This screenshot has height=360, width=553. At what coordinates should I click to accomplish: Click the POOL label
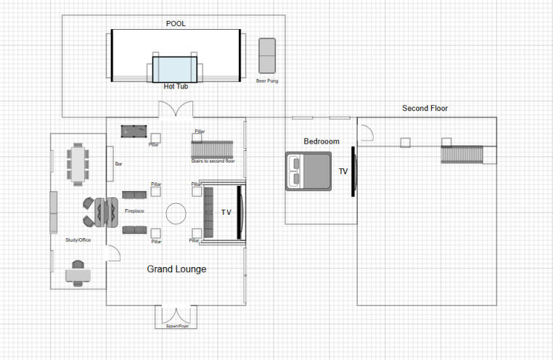[x=176, y=23]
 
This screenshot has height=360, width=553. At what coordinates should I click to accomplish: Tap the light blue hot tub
[x=175, y=70]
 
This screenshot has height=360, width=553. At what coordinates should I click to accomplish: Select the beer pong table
[x=267, y=55]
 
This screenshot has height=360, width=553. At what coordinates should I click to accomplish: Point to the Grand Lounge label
[x=176, y=269]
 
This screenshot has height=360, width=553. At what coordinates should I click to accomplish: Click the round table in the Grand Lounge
[x=176, y=213]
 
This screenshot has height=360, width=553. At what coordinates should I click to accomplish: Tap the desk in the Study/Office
[x=78, y=274]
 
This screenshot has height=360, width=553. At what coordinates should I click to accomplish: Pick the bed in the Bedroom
[x=308, y=171]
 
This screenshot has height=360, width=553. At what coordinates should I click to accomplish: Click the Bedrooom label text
[x=321, y=142]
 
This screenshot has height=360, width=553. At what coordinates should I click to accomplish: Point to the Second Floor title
[x=425, y=109]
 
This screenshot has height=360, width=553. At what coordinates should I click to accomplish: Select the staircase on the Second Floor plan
[x=462, y=155]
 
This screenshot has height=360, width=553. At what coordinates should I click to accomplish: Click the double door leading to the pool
[x=176, y=110]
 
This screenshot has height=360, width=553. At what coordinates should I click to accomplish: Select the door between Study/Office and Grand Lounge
[x=112, y=253]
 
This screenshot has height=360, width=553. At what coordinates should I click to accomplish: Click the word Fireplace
[x=134, y=211]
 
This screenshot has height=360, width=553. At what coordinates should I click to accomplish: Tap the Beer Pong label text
[x=267, y=81]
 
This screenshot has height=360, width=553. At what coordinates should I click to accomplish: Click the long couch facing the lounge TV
[x=209, y=213]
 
